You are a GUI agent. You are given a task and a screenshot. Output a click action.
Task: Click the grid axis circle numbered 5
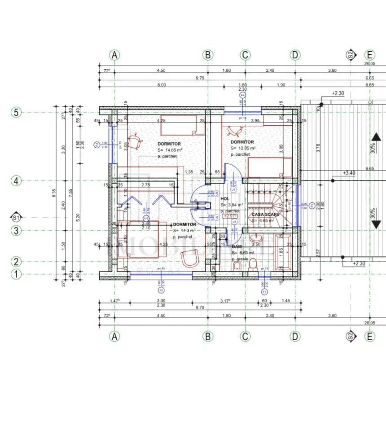(x=16, y=112)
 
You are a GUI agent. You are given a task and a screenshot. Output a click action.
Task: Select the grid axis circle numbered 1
(x=16, y=274)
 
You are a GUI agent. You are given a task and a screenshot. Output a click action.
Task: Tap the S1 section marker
(x=16, y=217)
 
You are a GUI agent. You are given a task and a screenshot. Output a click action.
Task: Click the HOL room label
(x=225, y=198)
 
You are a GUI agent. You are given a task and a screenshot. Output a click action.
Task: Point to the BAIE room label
(x=237, y=247)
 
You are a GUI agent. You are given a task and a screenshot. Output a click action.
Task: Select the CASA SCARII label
(x=265, y=215)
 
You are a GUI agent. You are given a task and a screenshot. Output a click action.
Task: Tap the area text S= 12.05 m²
(x=243, y=148)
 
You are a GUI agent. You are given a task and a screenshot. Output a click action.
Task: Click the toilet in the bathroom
(x=252, y=266)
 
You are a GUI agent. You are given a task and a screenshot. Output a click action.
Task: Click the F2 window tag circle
(x=161, y=290)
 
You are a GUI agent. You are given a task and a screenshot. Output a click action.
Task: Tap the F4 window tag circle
(x=243, y=95)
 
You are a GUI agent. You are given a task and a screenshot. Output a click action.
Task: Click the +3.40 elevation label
(x=349, y=173)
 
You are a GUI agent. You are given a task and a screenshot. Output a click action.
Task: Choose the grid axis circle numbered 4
(x=16, y=181)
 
